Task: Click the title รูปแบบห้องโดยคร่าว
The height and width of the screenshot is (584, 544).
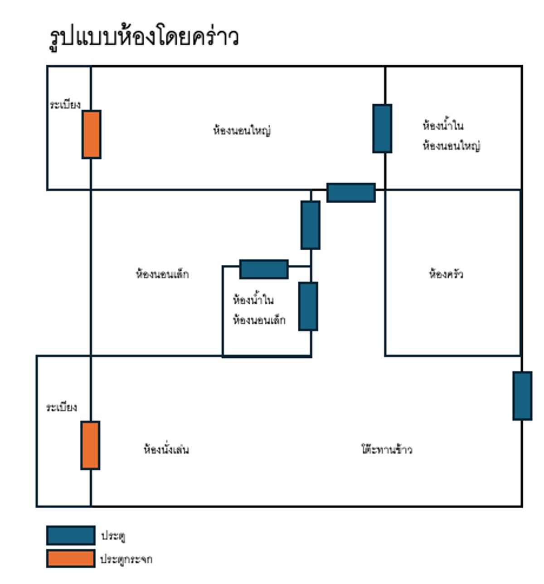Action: (143, 38)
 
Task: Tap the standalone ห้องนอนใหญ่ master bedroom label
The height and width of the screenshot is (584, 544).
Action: (242, 131)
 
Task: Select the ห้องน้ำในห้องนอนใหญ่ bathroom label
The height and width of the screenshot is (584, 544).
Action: (451, 136)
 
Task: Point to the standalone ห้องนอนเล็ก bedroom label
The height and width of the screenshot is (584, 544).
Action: (162, 274)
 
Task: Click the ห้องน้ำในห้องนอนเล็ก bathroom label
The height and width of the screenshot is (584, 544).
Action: (259, 310)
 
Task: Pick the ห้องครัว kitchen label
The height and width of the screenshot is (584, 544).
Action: (446, 274)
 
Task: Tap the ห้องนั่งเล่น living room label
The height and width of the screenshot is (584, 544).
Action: (166, 449)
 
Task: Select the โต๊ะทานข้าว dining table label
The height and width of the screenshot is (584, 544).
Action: (387, 449)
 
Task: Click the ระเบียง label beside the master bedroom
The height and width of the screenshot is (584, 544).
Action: (65, 105)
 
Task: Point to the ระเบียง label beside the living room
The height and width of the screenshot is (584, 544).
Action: (62, 407)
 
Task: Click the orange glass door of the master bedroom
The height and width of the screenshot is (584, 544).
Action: (91, 134)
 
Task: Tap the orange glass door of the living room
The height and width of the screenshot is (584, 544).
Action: (90, 445)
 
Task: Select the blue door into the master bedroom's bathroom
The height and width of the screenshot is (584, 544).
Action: (382, 128)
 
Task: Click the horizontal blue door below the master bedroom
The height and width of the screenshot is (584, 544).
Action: (351, 193)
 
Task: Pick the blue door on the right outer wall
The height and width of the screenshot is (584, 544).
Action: (522, 396)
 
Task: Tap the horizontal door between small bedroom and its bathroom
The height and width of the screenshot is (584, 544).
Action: (264, 269)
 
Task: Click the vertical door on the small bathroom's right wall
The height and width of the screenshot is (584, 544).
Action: (308, 307)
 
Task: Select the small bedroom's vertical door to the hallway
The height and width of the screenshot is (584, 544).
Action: (311, 225)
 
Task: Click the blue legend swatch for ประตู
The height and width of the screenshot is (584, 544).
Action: (71, 535)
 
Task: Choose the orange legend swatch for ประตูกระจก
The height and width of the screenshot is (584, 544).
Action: (71, 559)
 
